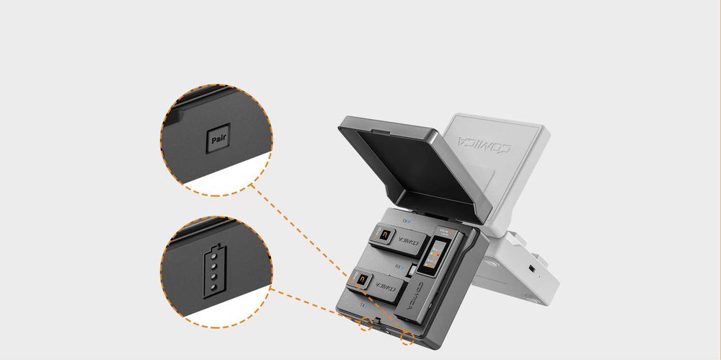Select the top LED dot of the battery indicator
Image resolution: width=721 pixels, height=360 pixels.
click(214, 257)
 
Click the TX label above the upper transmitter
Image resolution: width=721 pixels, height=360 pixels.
click(407, 221)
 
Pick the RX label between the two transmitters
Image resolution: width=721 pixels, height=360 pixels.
click(398, 265)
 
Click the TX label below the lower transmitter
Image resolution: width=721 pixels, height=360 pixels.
click(364, 305)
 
